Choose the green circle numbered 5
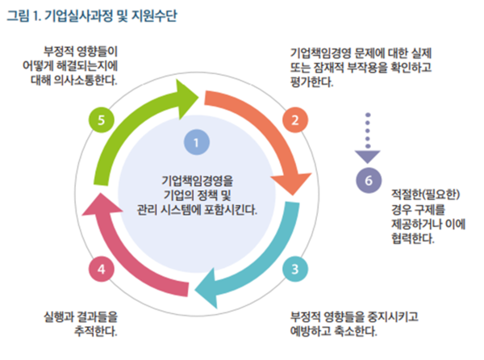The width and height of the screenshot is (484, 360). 100,121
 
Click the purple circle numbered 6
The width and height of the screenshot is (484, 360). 369,180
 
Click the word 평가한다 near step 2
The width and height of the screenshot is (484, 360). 311,82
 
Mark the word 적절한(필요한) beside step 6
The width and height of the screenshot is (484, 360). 425,194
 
